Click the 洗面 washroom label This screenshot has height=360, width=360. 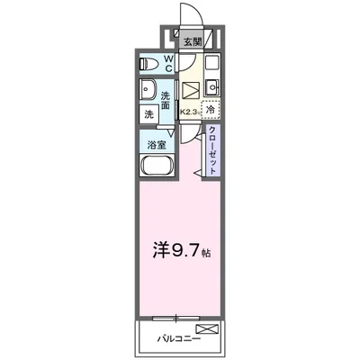coord(166,101)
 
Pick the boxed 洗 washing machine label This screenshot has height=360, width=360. coord(147,114)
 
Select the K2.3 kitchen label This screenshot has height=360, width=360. coord(190,111)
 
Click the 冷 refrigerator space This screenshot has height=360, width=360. coord(210,110)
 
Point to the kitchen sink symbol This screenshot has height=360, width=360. coord(211,87)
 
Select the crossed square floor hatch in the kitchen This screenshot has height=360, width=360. coord(192,90)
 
